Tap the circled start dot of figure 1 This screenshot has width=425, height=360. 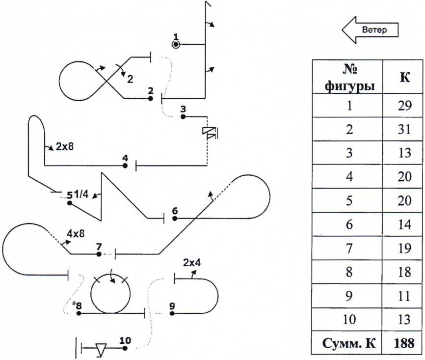coord(177,45)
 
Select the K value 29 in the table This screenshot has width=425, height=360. coord(404,105)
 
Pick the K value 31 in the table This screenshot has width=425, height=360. coord(404,129)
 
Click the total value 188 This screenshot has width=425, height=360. coord(404,342)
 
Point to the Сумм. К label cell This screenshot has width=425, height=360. coord(348,342)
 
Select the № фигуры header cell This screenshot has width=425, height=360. coord(348,78)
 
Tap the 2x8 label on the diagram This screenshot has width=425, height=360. coord(65,146)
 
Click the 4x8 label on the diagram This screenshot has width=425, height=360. coord(76,234)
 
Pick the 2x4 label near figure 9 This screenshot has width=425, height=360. coord(192,263)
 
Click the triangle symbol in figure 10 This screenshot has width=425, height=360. coord(102,349)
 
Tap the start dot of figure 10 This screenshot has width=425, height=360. coord(125,348)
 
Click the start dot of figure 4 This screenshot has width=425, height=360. coord(126,166)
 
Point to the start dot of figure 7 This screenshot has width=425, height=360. coord(99,254)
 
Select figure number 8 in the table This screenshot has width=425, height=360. coord(348,271)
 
